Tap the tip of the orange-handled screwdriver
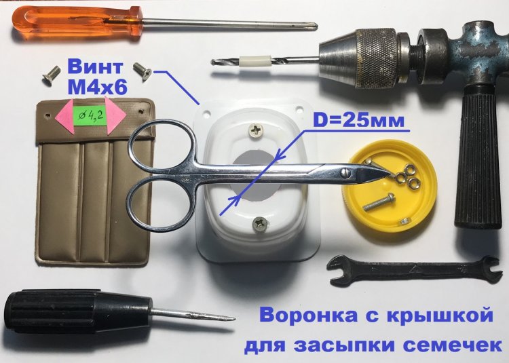click(x=316, y=28)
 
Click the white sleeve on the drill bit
click(x=254, y=60)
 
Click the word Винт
click(x=95, y=67)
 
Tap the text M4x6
click(x=97, y=87)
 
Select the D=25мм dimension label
click(x=358, y=121)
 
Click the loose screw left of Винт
click(x=52, y=75)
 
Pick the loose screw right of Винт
click(x=143, y=72)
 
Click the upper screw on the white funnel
click(x=256, y=130)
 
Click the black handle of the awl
click(x=78, y=312)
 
